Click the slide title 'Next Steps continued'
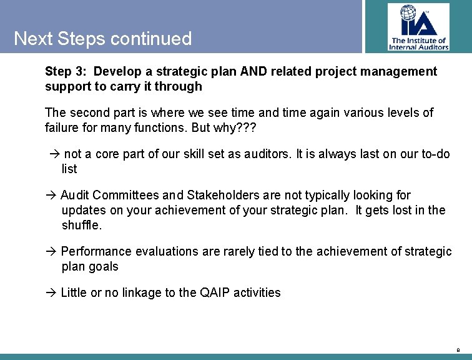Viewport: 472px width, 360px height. [102, 39]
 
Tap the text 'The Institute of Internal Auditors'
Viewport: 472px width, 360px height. [419, 43]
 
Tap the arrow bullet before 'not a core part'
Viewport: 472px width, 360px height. [54, 154]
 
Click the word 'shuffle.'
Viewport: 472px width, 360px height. [81, 225]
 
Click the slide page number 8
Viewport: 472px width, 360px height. [458, 350]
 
